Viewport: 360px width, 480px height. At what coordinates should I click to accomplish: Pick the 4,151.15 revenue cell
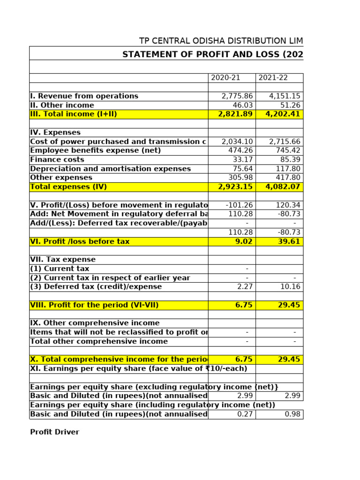[285, 96]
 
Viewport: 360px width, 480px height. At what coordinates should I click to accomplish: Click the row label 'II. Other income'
[62, 105]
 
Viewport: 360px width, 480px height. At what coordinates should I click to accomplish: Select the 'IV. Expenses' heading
[55, 133]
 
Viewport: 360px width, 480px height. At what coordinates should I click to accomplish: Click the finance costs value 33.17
[243, 160]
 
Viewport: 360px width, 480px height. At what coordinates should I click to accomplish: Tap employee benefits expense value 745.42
[287, 150]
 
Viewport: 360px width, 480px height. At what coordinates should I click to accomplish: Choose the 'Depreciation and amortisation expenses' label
[110, 169]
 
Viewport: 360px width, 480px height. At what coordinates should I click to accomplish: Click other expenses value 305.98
[240, 178]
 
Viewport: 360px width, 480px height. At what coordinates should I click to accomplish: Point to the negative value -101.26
[239, 205]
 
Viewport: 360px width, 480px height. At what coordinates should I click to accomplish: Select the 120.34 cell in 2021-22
[288, 205]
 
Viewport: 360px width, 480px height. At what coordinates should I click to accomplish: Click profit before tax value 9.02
[244, 242]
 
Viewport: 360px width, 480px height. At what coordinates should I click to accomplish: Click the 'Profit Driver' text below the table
[54, 432]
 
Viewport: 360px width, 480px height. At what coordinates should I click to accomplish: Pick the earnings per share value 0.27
[245, 414]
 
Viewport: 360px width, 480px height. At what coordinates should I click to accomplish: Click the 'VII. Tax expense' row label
[63, 260]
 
